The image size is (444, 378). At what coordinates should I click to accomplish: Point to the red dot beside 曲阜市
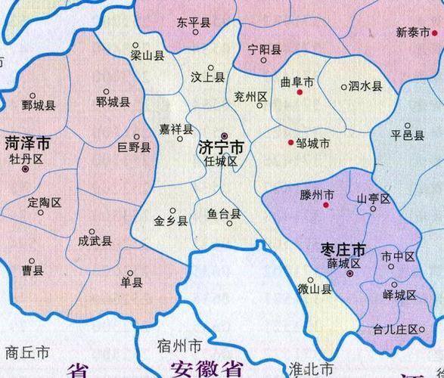point(300,92)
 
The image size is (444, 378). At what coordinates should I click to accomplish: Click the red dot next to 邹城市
point(291,142)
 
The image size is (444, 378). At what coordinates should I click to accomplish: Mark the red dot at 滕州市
point(327,204)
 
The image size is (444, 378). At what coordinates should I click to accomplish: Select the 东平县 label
point(193,23)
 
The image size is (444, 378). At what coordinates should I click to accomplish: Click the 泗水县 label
point(367,87)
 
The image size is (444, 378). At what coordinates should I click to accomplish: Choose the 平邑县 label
point(407,135)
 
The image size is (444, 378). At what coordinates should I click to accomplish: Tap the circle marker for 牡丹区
point(26,170)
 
